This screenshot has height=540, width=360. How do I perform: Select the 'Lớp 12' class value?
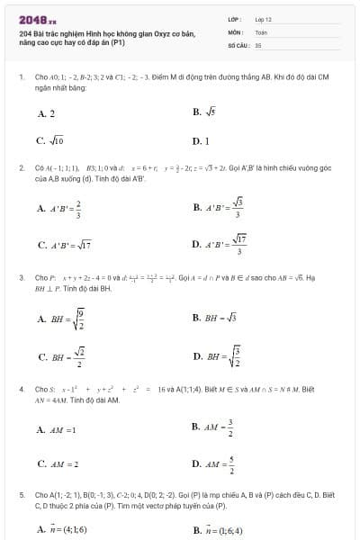[x=264, y=19]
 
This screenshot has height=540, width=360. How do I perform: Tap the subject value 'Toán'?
[x=262, y=31]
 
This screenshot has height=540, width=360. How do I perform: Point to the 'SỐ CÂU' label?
[x=238, y=44]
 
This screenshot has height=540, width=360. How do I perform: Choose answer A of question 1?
[x=46, y=114]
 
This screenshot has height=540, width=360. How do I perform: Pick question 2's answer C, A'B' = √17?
[x=61, y=244]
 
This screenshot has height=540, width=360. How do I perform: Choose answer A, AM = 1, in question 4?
[x=57, y=429]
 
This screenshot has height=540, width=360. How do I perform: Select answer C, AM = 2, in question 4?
[x=58, y=464]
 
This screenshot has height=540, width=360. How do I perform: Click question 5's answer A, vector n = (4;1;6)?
[x=62, y=528]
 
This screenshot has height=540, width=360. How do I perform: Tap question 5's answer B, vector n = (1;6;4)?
[x=217, y=528]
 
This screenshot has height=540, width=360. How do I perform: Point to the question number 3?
[x=21, y=277]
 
